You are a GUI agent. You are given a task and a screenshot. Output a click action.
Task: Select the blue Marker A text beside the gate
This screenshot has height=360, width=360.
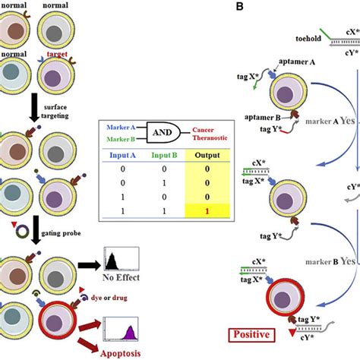pos(122,126)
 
